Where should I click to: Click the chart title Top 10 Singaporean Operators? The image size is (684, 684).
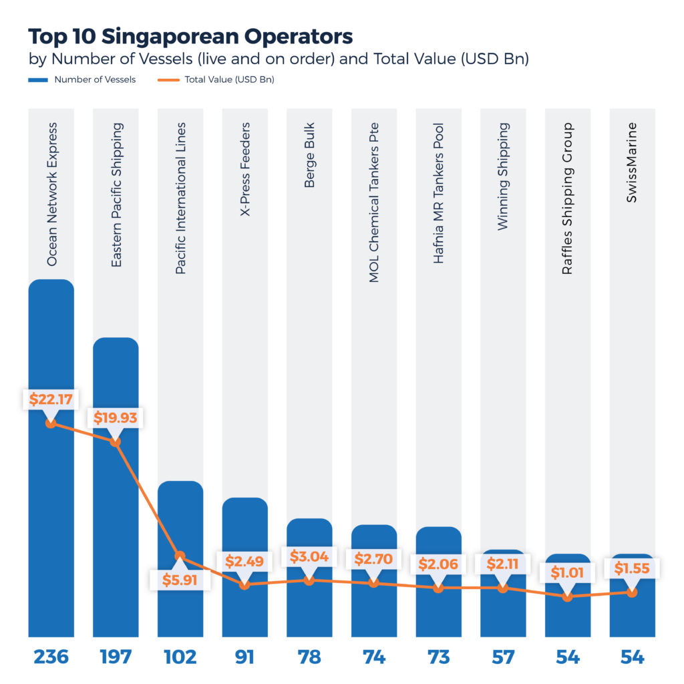pyautogui.click(x=190, y=35)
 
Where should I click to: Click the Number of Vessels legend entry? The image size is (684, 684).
pyautogui.click(x=94, y=79)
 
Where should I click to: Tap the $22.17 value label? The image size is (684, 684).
pyautogui.click(x=51, y=399)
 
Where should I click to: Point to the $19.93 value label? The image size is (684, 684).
pyautogui.click(x=116, y=418)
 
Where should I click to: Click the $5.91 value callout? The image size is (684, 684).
pyautogui.click(x=180, y=578)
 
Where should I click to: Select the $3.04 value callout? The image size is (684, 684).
pyautogui.click(x=309, y=556)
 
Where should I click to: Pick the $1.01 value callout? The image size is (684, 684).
pyautogui.click(x=567, y=572)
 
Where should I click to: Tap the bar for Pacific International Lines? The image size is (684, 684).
pyautogui.click(x=180, y=521)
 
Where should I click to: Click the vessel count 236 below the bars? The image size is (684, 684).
pyautogui.click(x=51, y=657)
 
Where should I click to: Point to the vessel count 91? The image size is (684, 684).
pyautogui.click(x=244, y=657)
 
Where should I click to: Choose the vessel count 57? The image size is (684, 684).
pyautogui.click(x=503, y=657)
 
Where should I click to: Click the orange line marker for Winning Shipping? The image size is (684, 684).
pyautogui.click(x=503, y=588)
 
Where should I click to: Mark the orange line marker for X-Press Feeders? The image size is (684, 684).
pyautogui.click(x=244, y=584)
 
